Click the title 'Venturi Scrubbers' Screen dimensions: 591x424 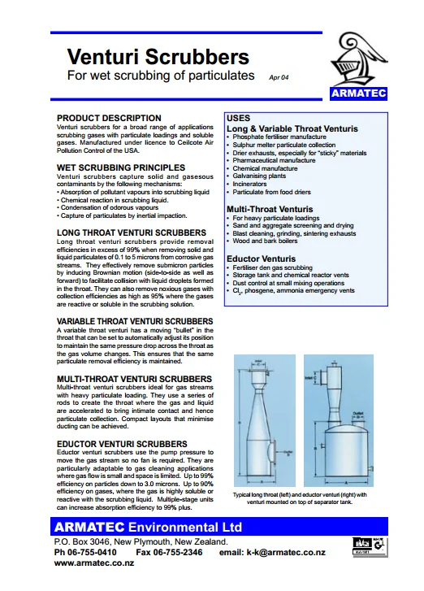[x=158, y=57]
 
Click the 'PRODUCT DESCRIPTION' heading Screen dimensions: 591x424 [x=109, y=118]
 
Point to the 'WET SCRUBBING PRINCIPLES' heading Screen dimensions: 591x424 [x=121, y=167]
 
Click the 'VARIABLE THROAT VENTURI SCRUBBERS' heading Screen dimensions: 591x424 [x=135, y=321]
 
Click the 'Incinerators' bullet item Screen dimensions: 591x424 [x=253, y=184]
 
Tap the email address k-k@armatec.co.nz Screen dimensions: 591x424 [x=284, y=552]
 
